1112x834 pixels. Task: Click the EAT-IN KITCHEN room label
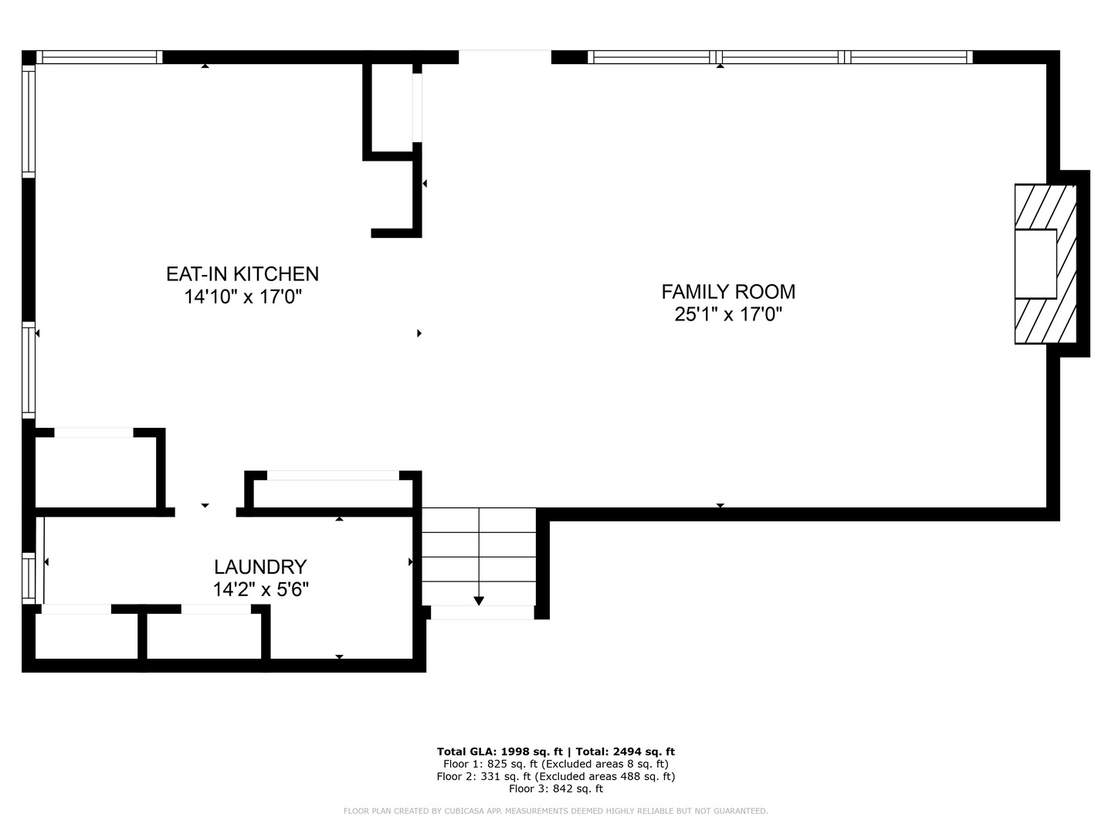coord(242,274)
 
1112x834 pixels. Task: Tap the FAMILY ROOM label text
coord(728,292)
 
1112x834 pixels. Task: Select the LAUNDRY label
coord(260,567)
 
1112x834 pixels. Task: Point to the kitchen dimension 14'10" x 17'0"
coord(242,297)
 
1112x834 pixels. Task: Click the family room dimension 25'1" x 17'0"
coord(728,314)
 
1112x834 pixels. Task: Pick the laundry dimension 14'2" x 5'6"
coord(260,589)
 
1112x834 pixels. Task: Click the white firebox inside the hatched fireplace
coord(1036,264)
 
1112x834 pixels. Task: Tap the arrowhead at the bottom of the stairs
coord(479,601)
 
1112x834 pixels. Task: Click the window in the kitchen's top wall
coord(100,57)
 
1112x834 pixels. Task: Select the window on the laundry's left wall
coord(29,578)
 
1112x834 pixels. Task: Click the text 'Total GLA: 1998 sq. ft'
coord(500,751)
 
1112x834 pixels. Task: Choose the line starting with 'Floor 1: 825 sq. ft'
coord(556,764)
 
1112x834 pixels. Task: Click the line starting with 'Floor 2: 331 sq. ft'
coord(556,776)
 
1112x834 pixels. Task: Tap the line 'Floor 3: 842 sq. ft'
coord(556,788)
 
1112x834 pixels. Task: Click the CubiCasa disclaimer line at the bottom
coord(556,811)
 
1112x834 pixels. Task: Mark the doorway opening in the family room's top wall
coord(504,57)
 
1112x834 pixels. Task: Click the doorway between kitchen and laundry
coord(205,512)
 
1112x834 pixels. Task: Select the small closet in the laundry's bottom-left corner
coord(86,636)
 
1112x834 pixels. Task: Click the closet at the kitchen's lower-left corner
coord(95,472)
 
